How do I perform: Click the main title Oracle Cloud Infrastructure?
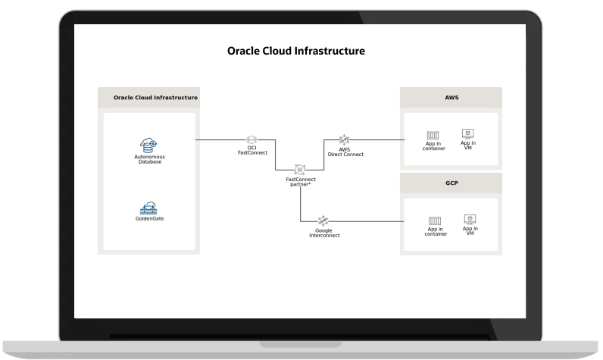click(x=296, y=52)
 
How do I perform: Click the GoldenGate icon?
click(x=149, y=207)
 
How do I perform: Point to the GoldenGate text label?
click(x=149, y=218)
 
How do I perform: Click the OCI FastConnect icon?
click(x=252, y=140)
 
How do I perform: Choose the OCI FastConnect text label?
click(x=252, y=151)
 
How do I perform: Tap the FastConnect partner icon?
click(x=300, y=169)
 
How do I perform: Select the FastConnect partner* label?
click(x=300, y=182)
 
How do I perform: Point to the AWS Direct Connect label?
click(x=345, y=152)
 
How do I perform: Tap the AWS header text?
click(x=451, y=98)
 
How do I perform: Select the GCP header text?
click(x=451, y=183)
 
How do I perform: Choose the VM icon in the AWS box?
click(x=468, y=133)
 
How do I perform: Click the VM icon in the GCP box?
click(x=470, y=219)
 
